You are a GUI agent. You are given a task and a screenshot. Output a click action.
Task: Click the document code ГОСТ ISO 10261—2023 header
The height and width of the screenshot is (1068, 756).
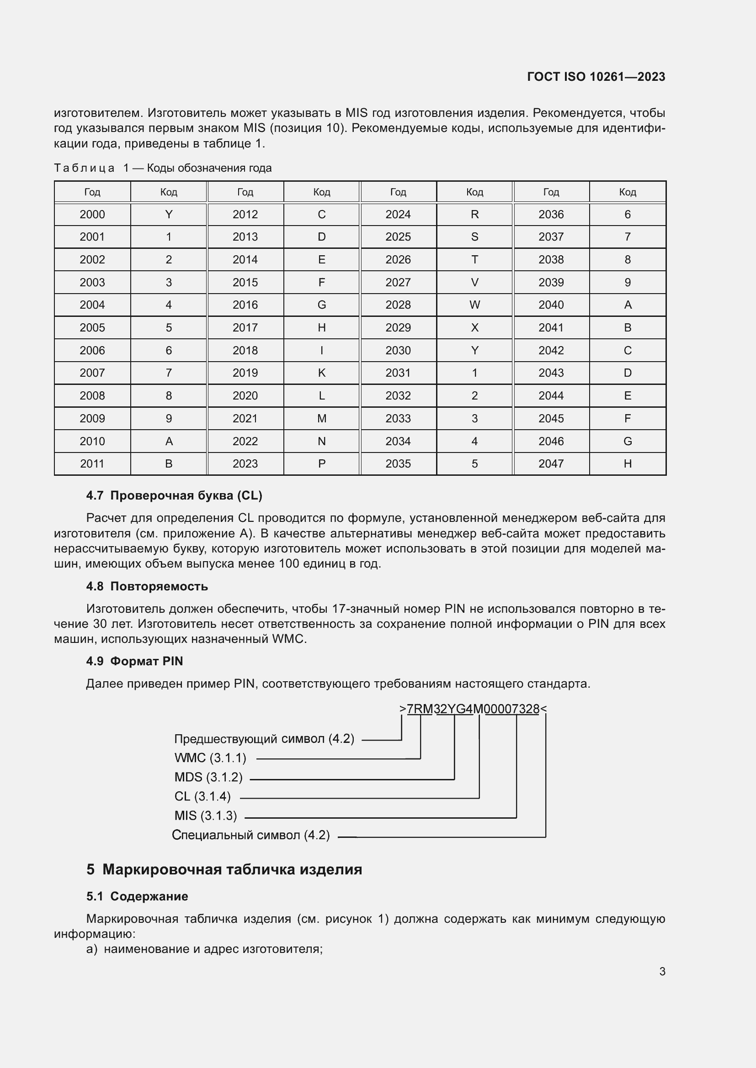coord(596,77)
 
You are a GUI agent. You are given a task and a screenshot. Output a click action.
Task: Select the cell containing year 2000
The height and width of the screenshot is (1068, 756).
coord(92,215)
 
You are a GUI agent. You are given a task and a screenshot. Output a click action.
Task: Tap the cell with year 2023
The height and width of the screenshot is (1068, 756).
coord(245,464)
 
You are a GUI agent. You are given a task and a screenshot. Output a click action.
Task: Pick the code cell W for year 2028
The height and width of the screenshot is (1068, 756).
coord(474,305)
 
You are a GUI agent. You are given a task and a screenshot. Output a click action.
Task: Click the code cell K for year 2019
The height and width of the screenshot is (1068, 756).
coord(321,373)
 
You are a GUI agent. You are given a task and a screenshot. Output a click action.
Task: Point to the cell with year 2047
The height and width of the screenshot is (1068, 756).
coord(551,464)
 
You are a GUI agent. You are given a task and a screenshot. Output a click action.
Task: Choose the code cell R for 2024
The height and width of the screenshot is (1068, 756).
coord(474,215)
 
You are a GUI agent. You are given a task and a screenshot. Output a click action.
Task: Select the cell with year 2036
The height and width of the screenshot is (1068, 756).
coord(551,215)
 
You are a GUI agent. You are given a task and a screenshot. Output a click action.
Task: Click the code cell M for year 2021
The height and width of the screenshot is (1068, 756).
coord(321,418)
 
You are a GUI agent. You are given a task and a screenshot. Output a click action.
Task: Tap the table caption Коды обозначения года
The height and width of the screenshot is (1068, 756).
coord(209,168)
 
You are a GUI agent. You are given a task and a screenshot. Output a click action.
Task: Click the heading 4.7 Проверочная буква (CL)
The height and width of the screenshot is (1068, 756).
coord(174,495)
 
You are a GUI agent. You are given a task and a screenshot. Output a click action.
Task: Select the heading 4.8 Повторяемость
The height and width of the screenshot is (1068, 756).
coord(147,586)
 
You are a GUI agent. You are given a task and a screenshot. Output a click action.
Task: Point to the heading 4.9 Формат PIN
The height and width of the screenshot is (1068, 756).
coord(134,661)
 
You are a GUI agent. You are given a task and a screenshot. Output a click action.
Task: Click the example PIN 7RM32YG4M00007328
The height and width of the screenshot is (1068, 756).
coord(473,709)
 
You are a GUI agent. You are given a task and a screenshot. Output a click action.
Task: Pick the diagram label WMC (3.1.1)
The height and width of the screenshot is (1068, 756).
coord(210,758)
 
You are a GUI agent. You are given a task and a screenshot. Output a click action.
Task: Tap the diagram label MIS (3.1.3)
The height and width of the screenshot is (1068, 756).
coord(205,816)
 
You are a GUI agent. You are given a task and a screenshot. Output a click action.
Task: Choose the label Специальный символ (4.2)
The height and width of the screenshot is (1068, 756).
coord(250,836)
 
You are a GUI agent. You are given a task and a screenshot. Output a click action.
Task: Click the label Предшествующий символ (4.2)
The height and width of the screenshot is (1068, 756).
coord(264,739)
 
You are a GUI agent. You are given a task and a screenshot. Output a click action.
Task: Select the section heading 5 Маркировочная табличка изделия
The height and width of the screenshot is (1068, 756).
coord(224,869)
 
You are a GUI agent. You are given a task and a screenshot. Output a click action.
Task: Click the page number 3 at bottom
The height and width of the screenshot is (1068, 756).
coord(662,972)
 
